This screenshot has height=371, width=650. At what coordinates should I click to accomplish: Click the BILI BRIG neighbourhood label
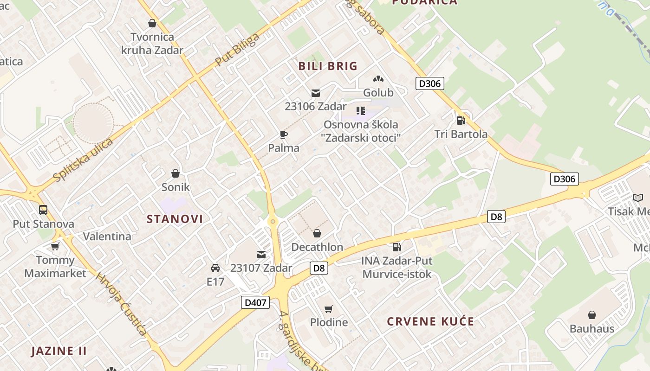[328, 66]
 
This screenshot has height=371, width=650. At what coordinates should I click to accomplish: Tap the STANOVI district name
[175, 219]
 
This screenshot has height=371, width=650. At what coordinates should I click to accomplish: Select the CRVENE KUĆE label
[430, 321]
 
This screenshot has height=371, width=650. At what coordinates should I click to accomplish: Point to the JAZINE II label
[59, 351]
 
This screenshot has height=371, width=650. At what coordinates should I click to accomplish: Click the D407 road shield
[255, 303]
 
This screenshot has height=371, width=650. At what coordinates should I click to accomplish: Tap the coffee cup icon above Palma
[284, 135]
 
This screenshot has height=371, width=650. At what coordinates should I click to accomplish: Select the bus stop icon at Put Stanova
[43, 210]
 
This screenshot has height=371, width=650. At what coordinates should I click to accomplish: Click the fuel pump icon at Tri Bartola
[461, 121]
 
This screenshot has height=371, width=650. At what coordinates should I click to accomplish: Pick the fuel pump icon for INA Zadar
[396, 247]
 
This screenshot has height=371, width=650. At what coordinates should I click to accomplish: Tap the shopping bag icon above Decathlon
[317, 233]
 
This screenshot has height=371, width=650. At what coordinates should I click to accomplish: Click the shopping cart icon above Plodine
[329, 309]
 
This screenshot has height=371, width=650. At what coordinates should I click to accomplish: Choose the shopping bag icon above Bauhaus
[592, 315]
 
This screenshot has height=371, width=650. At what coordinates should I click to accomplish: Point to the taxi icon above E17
[215, 268]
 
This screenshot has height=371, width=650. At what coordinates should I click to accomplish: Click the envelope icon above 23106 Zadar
[316, 93]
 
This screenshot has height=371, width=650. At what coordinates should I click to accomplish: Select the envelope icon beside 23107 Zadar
[261, 254]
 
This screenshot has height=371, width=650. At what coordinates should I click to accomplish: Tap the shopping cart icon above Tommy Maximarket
[55, 246]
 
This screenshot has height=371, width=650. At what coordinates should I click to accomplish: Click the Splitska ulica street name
[83, 160]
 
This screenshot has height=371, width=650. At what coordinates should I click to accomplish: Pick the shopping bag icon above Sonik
[175, 173]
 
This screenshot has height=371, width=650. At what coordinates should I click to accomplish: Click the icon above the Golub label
[378, 79]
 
